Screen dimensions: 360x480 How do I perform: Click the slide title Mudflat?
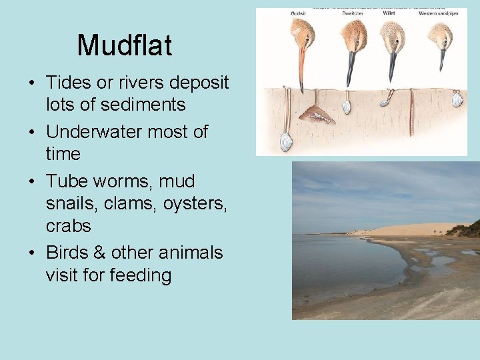pos(125,45)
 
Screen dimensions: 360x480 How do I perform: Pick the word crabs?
pos(68,226)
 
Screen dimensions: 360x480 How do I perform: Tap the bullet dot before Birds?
pos(32,253)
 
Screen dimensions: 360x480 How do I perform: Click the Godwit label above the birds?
pos(299,13)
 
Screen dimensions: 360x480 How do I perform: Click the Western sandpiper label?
pos(438,13)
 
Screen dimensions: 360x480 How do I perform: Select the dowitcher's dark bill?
pos(351,67)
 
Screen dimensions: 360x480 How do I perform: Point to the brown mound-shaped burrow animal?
pos(317,115)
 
